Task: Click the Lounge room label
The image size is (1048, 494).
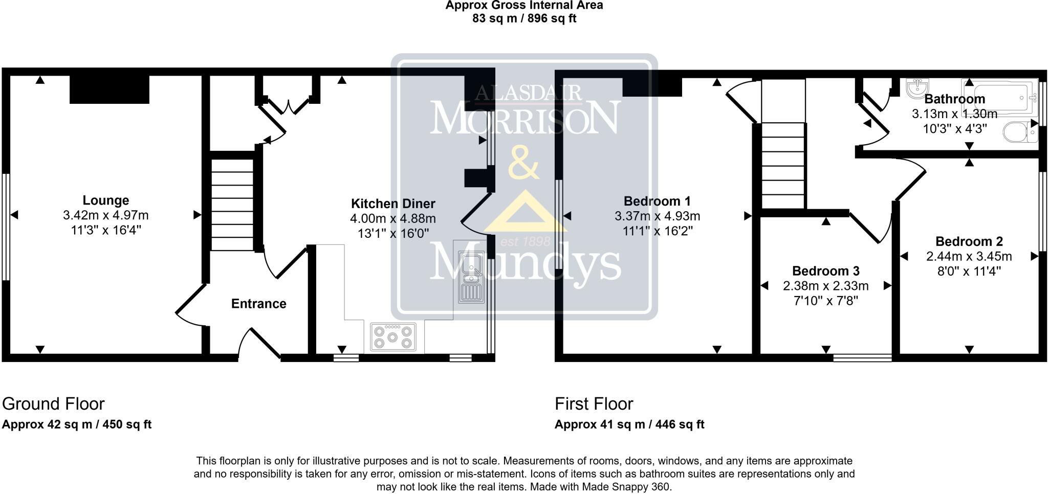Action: (x=106, y=200)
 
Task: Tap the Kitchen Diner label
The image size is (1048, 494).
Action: (x=393, y=204)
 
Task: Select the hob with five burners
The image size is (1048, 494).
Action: (x=393, y=337)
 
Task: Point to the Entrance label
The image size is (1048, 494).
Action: (x=258, y=304)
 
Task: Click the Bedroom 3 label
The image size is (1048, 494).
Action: (x=826, y=271)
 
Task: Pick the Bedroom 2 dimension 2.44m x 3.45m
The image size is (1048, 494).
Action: (x=969, y=256)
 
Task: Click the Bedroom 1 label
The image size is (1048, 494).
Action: (x=658, y=201)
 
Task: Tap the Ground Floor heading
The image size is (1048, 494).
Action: (x=54, y=404)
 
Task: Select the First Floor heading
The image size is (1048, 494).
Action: (x=594, y=404)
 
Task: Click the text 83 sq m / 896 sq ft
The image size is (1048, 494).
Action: (x=525, y=19)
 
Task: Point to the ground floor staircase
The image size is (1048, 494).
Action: (x=233, y=205)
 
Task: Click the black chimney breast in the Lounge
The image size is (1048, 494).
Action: (x=109, y=90)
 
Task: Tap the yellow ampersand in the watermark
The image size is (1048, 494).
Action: (x=523, y=162)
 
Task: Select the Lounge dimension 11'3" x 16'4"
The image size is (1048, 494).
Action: (x=106, y=230)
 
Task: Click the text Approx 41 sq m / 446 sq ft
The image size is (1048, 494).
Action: (x=629, y=424)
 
